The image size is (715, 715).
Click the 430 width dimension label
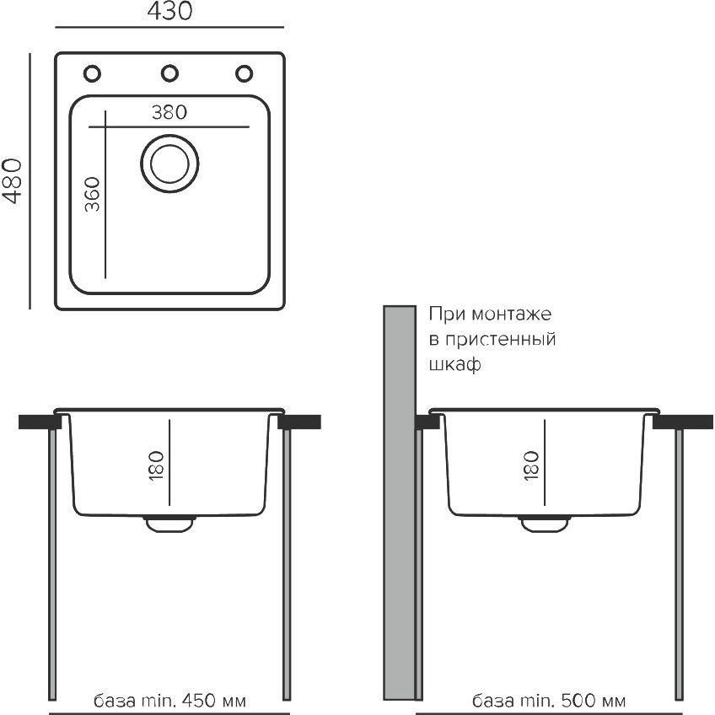(x=169, y=11)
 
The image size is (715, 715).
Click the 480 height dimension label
(x=12, y=180)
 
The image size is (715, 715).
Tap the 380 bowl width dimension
(x=169, y=112)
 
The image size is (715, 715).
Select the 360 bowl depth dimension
(x=92, y=194)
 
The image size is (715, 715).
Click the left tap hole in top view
(x=92, y=73)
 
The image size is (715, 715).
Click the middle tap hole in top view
(x=169, y=73)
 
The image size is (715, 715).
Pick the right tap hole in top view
(x=244, y=73)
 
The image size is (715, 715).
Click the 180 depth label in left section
(x=156, y=465)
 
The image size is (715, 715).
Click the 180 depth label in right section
(x=532, y=465)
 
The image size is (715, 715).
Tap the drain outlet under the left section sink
(x=169, y=524)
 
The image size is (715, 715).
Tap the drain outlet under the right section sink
(x=545, y=524)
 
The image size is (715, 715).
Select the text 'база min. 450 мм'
(x=169, y=701)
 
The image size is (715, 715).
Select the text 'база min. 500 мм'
(x=549, y=701)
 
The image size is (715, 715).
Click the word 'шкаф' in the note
(x=454, y=364)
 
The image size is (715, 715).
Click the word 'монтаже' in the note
(x=511, y=314)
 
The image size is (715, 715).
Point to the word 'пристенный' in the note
(x=500, y=339)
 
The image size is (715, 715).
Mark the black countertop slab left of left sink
(x=40, y=422)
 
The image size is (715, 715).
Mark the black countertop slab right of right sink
(x=683, y=422)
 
